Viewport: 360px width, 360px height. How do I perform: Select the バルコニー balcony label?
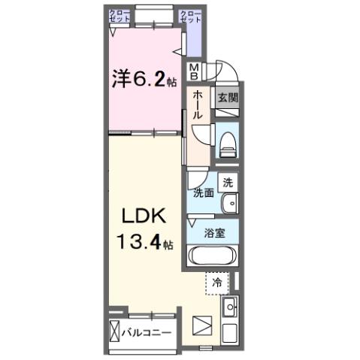click(147, 331)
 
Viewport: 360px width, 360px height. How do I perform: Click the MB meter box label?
click(194, 72)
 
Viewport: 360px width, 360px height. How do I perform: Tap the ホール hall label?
click(198, 106)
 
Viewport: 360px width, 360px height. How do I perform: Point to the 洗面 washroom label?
click(204, 193)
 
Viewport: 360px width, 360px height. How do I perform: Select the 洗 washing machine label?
click(228, 182)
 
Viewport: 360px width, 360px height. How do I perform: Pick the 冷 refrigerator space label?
click(216, 283)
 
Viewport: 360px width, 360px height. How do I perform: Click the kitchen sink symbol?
click(229, 307)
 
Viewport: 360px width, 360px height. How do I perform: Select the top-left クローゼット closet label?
click(118, 17)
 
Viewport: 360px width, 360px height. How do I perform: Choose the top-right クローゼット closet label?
click(191, 17)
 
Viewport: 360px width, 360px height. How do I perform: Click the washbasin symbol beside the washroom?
click(230, 203)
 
